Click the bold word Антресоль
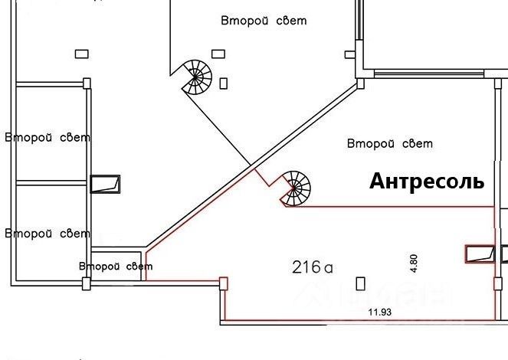tap(427, 182)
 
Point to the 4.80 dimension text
tap(414, 263)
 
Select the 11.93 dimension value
tap(375, 313)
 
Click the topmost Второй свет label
tap(263, 21)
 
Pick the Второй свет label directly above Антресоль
tap(390, 143)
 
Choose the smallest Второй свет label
tap(116, 266)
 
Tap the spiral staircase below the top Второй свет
tap(196, 77)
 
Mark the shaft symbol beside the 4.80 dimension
tap(480, 254)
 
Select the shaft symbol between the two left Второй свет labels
tap(105, 183)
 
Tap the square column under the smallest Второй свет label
tap(86, 283)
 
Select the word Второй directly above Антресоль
tap(371, 143)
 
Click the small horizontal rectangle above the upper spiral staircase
tap(218, 53)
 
